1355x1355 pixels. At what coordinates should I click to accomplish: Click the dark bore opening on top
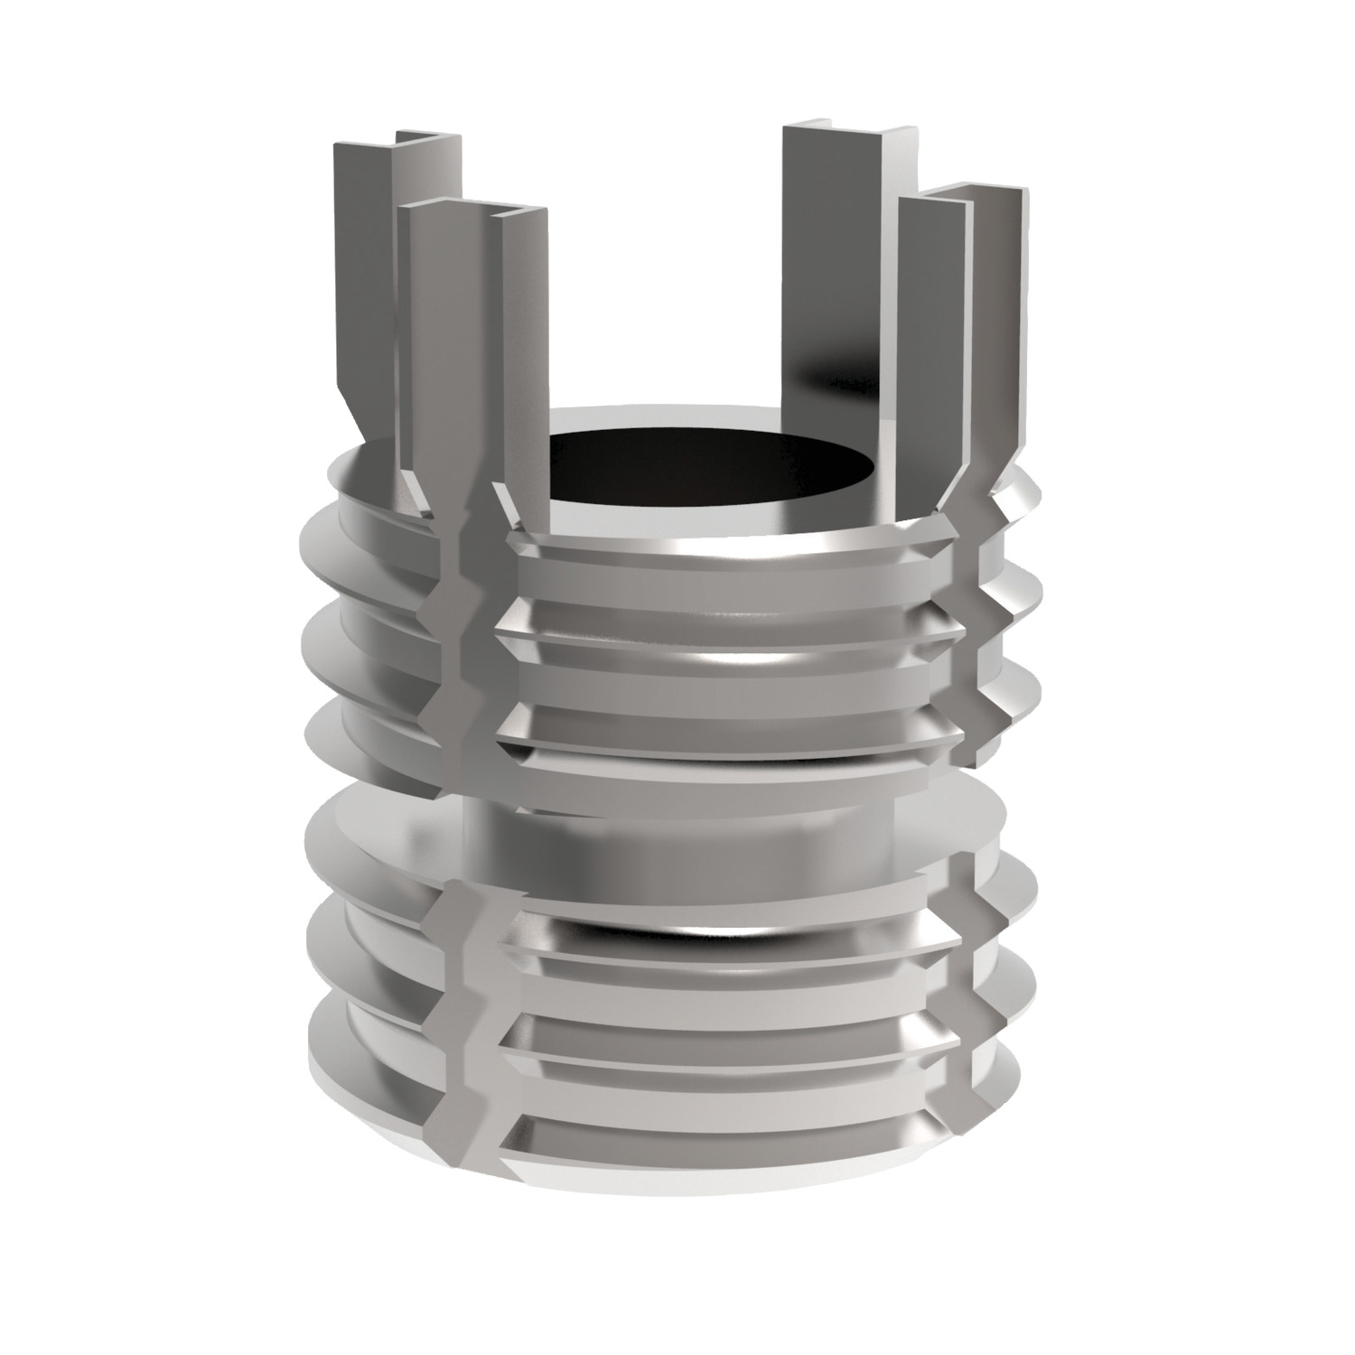[x=714, y=470]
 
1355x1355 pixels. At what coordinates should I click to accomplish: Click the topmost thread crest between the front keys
[x=723, y=556]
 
